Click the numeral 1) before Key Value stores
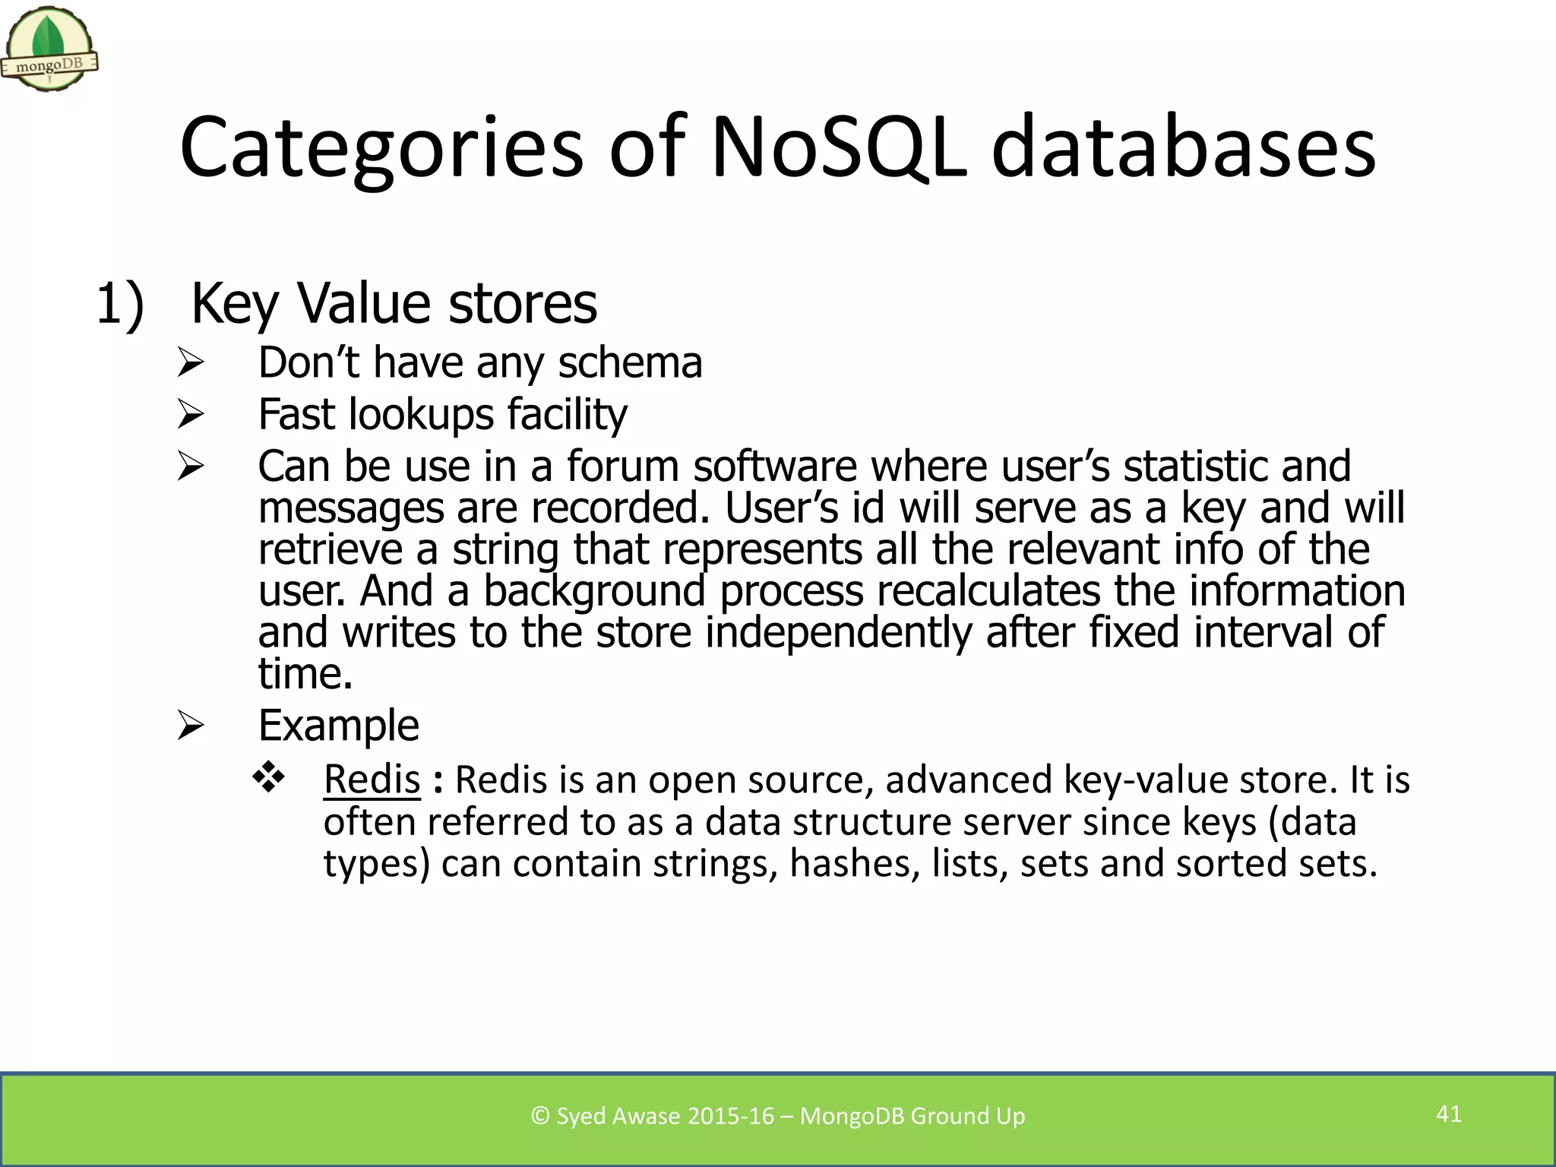[x=120, y=303]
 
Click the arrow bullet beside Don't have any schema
[x=190, y=362]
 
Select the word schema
[x=630, y=362]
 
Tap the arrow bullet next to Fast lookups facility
[x=190, y=414]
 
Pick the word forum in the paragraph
[x=622, y=466]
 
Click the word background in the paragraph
[x=594, y=590]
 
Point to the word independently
[x=839, y=632]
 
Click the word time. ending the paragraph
[x=305, y=673]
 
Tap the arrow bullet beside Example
[x=190, y=726]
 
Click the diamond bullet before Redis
[x=268, y=777]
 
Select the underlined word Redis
[x=372, y=780]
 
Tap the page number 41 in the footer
[x=1448, y=1114]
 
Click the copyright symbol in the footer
[x=540, y=1115]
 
